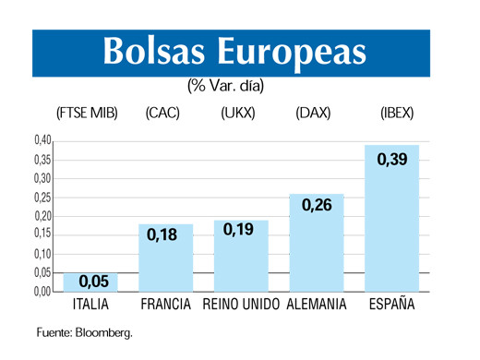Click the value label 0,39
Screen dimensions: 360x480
[391, 160]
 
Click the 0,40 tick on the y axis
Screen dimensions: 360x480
[42, 140]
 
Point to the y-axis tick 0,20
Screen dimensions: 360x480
[42, 216]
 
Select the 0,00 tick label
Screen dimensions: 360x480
[42, 292]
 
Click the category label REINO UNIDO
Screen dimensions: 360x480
[241, 305]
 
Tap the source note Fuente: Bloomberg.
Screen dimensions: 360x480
[84, 332]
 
